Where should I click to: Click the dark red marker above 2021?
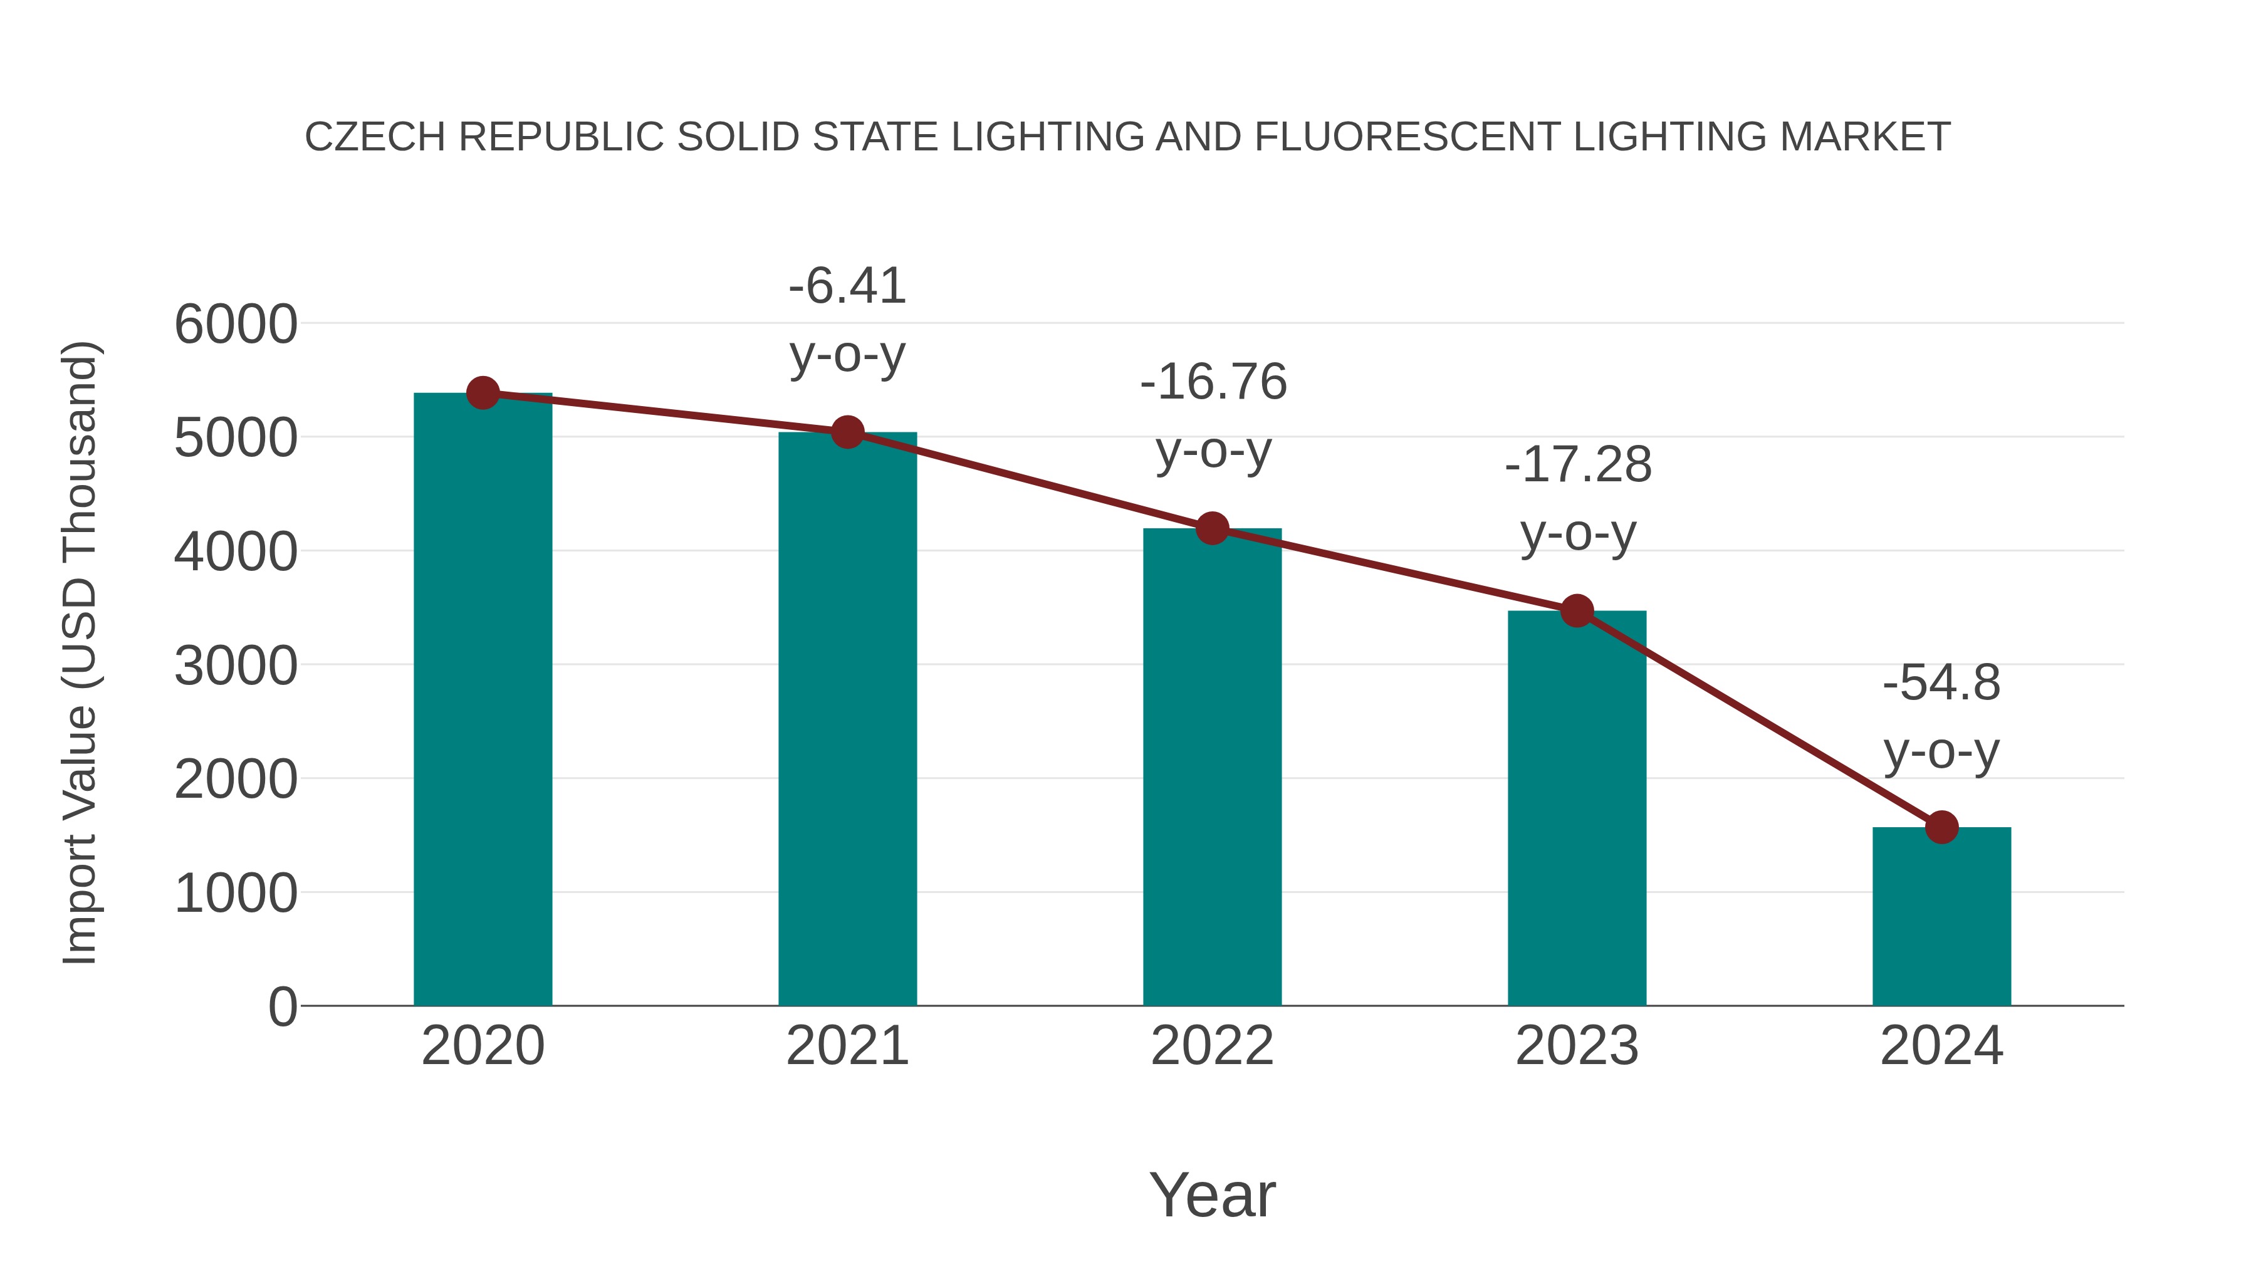(x=847, y=432)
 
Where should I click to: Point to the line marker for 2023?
(x=1577, y=610)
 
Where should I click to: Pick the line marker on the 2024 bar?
(x=1941, y=827)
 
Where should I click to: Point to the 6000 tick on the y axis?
(x=236, y=325)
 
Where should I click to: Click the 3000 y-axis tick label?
(x=236, y=667)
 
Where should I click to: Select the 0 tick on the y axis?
(x=282, y=1007)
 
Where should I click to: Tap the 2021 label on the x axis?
(x=847, y=1046)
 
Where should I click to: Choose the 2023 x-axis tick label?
(x=1577, y=1046)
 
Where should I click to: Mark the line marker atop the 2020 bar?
(x=483, y=393)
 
